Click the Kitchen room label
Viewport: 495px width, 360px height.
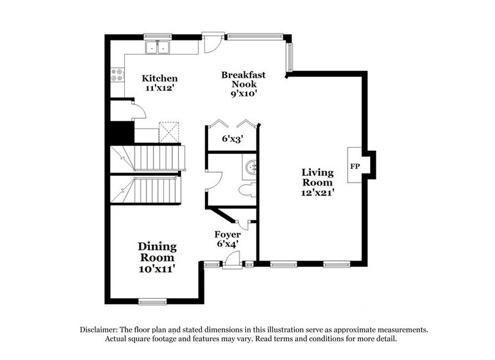pos(160,78)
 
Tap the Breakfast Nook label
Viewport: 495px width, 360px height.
pos(243,80)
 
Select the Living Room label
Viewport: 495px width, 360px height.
pos(317,177)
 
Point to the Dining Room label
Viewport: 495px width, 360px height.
pos(157,252)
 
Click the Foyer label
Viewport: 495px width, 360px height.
pos(227,234)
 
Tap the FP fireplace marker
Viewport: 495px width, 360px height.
pos(354,166)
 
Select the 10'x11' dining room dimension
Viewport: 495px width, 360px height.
pos(157,268)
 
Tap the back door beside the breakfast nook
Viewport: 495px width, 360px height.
pos(211,42)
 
